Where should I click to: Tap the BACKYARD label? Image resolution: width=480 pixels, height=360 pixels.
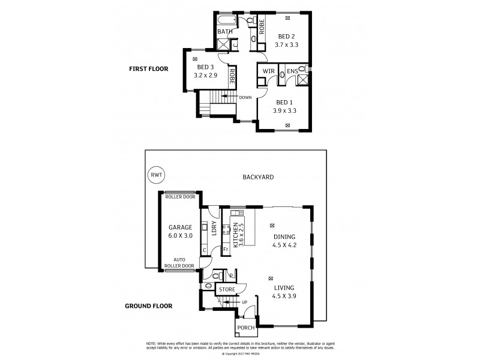point(258,177)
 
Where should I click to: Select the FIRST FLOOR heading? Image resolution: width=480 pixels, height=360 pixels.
point(149,69)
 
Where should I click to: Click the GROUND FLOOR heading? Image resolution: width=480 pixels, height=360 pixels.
point(148,305)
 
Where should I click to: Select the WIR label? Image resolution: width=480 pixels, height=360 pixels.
point(269,72)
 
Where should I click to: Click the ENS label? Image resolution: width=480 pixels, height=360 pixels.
point(292,72)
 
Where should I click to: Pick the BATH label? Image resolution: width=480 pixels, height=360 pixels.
point(225,32)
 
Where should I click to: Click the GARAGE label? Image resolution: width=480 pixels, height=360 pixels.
point(180,227)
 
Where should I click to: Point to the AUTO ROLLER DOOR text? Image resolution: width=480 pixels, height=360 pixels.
point(179,262)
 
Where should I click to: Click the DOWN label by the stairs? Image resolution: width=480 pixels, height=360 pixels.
point(245,97)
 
